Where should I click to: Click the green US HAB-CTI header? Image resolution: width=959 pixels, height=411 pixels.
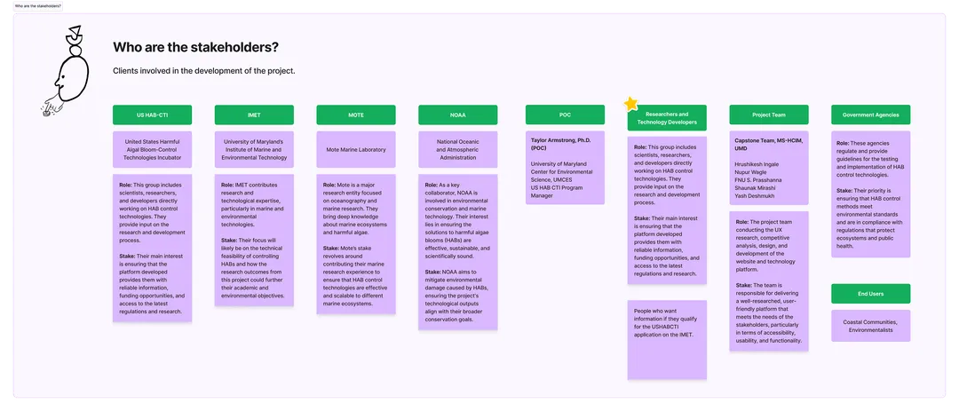152,115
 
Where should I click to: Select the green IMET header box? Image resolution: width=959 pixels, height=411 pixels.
254,115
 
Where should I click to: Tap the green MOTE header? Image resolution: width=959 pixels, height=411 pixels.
356,115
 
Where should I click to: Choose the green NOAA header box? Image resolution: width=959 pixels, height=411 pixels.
458,115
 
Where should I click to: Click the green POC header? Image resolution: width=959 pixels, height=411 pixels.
565,115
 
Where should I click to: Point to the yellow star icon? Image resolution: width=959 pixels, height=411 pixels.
631,104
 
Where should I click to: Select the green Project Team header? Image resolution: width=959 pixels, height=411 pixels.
769,115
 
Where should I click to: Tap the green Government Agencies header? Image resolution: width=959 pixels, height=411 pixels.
871,115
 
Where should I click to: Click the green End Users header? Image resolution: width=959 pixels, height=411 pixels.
871,294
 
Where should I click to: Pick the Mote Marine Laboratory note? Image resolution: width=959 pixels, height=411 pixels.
356,150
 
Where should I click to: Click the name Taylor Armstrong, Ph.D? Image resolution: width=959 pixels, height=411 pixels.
561,140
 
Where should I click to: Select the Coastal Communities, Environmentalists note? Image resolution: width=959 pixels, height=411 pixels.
871,326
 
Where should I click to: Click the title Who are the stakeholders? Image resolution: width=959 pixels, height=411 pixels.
196,47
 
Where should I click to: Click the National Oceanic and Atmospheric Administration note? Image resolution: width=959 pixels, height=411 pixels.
458,149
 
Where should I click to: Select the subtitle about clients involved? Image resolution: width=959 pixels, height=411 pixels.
204,71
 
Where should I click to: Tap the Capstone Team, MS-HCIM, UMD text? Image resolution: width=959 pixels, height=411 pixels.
769,145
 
